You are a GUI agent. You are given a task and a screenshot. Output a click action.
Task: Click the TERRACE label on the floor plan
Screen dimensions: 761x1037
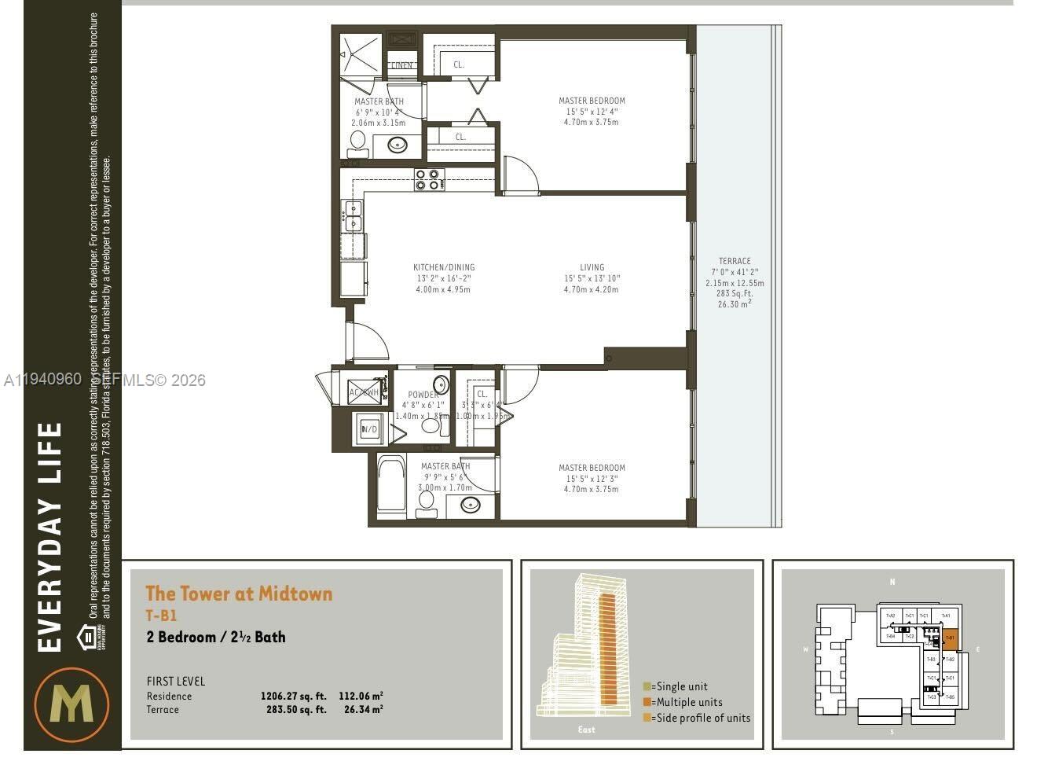tap(735, 261)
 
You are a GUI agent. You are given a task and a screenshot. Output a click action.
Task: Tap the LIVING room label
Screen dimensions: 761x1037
tap(592, 267)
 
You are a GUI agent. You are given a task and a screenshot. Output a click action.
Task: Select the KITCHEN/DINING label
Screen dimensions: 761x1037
tap(444, 267)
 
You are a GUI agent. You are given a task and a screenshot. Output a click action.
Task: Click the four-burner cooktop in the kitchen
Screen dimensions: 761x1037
tap(430, 180)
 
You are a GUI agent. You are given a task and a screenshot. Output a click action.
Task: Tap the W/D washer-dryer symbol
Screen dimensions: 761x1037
tap(369, 429)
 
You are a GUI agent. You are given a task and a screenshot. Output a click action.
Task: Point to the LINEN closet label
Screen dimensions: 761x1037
tap(401, 65)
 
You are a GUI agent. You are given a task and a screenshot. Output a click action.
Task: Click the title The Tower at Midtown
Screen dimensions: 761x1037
tap(239, 594)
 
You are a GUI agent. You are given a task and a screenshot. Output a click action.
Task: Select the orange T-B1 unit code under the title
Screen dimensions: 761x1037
tap(161, 616)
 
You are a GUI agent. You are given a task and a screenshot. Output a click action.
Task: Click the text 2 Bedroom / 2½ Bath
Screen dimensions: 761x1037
tap(216, 637)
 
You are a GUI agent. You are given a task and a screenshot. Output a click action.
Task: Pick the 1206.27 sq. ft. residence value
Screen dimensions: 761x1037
tap(293, 696)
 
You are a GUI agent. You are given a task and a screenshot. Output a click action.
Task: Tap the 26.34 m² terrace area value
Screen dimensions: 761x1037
tap(363, 709)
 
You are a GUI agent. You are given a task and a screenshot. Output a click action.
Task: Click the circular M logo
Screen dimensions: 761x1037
tap(71, 704)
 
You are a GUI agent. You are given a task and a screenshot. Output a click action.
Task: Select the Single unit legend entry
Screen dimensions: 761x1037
tap(675, 686)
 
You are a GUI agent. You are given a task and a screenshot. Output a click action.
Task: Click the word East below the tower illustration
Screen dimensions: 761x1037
tap(586, 730)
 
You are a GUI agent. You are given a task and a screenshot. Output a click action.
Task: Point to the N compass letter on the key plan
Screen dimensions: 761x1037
tap(892, 582)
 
